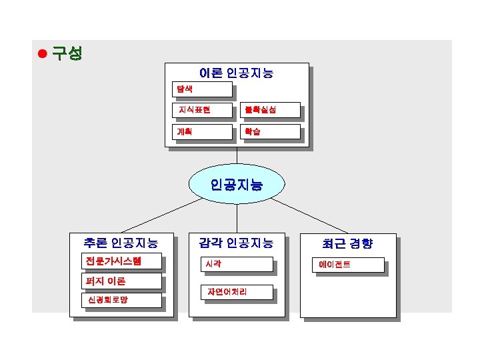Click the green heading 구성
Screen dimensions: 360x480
67,53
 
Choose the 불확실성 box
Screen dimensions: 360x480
269,110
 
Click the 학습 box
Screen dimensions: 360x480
269,131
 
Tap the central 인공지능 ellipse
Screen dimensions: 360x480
237,183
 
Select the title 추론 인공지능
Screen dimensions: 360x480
121,243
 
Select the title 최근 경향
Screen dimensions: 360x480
347,243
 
